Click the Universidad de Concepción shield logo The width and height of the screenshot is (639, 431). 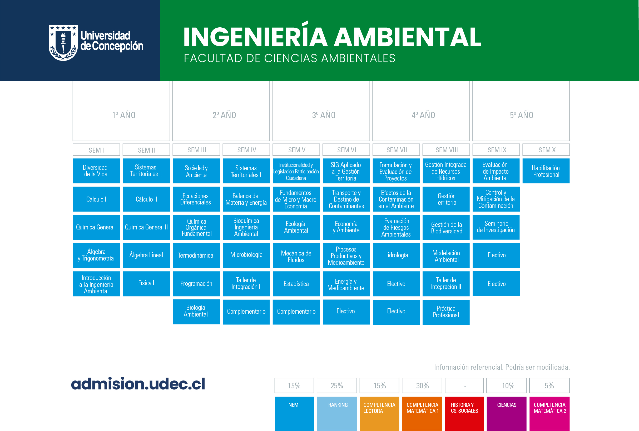coord(63,43)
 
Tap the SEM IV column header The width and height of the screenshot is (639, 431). coord(246,150)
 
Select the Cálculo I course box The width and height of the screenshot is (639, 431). coord(96,199)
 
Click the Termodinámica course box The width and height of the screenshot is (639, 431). coord(196,255)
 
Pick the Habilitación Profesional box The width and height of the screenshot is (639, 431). coord(546,171)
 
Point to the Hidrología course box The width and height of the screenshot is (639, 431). coord(396,255)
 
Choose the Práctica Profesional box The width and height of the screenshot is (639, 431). coord(446,312)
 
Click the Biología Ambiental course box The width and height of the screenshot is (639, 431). coord(196,312)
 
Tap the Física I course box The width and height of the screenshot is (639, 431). coord(146,284)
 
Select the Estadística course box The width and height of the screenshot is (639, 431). coord(296,284)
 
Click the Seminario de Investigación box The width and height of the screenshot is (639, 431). coord(496,227)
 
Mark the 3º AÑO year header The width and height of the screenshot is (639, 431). coord(321,111)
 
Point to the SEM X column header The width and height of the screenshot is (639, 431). coord(546,150)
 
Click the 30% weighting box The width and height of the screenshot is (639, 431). coord(422,386)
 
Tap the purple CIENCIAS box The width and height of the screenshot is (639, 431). coord(507,414)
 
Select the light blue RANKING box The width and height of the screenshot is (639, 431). coord(337,414)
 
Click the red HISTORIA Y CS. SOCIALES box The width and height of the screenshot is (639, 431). coord(464,414)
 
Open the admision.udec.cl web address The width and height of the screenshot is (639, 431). coord(138,384)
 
